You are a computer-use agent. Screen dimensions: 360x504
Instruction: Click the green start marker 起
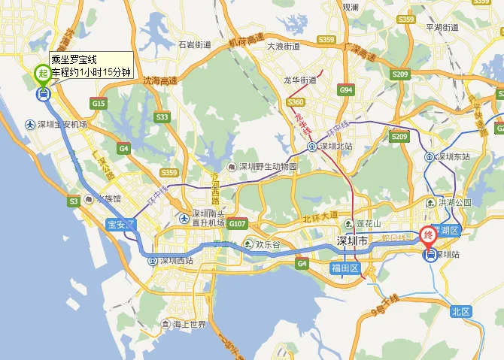(42, 74)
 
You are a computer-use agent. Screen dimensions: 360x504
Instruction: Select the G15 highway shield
(99, 103)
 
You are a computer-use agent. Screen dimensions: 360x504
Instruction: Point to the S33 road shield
(162, 116)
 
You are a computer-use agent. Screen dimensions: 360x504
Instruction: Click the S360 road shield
(296, 102)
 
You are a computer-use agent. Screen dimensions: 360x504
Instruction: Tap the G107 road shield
(238, 223)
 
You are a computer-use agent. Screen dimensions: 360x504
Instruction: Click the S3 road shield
(74, 201)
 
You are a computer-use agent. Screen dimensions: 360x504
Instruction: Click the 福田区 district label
(347, 268)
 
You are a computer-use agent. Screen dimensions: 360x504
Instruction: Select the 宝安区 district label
(120, 224)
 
